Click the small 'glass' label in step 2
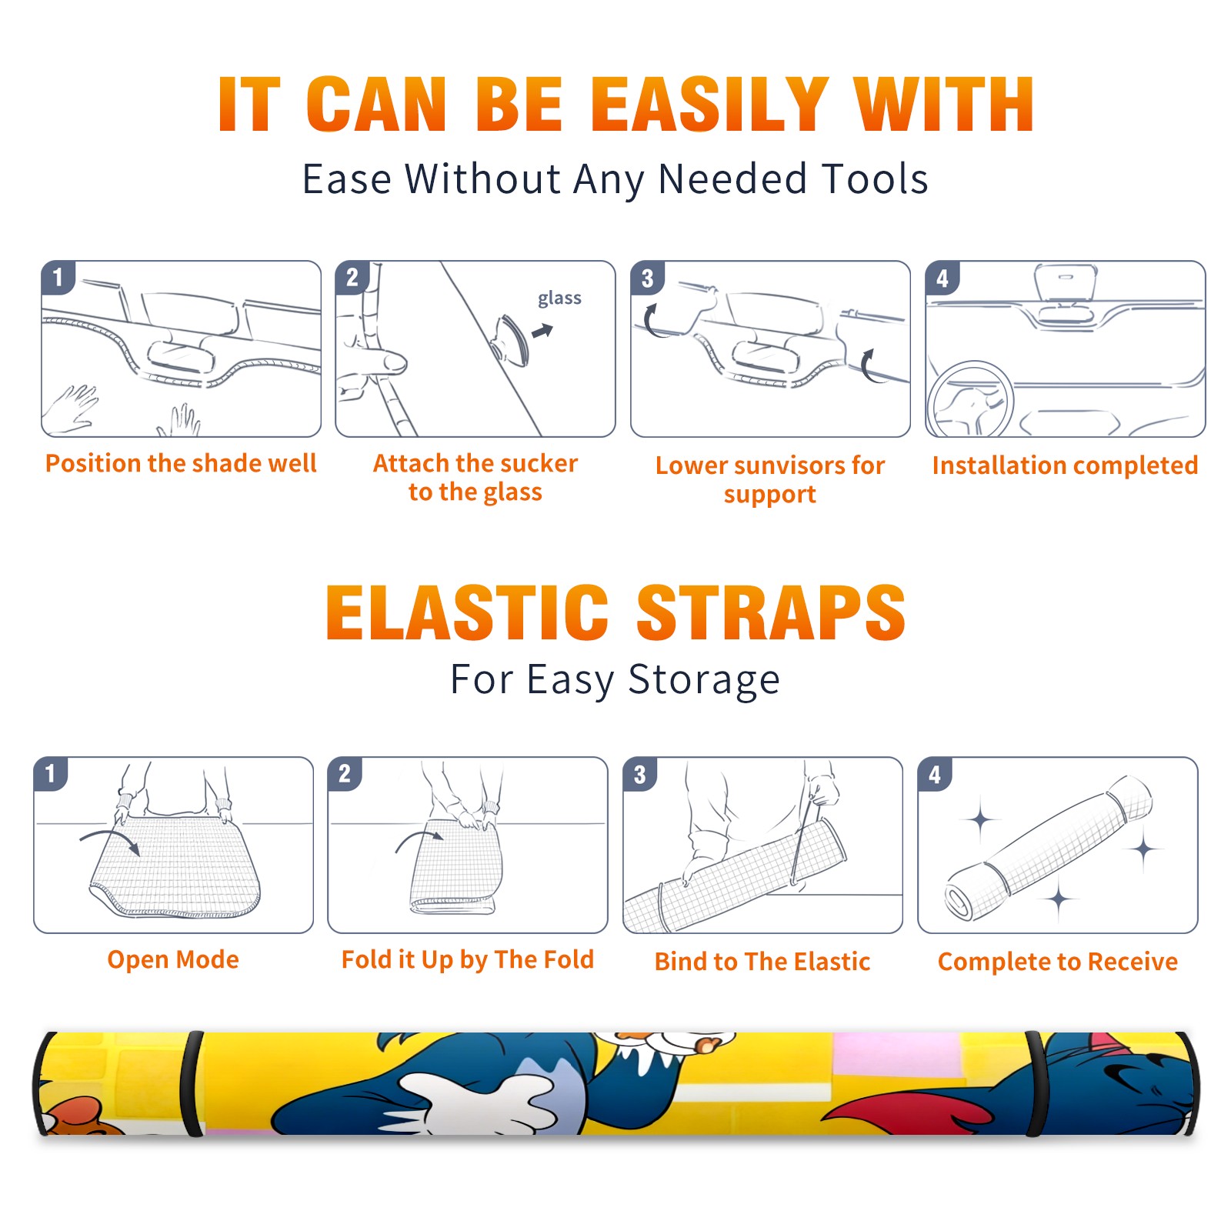click(x=559, y=299)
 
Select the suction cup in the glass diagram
click(x=511, y=339)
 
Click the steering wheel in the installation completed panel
click(x=972, y=399)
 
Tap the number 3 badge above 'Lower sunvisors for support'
click(x=647, y=279)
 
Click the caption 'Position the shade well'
click(x=181, y=463)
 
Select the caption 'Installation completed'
click(x=1065, y=465)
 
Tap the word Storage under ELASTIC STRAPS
click(x=704, y=680)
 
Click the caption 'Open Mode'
click(x=173, y=959)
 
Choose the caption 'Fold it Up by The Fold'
click(x=468, y=959)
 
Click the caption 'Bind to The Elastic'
click(x=762, y=961)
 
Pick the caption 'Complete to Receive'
click(x=1058, y=962)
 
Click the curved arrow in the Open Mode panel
click(x=108, y=834)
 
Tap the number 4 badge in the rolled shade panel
click(x=935, y=774)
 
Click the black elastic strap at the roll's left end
click(x=192, y=1083)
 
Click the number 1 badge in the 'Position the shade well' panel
click(x=58, y=277)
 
